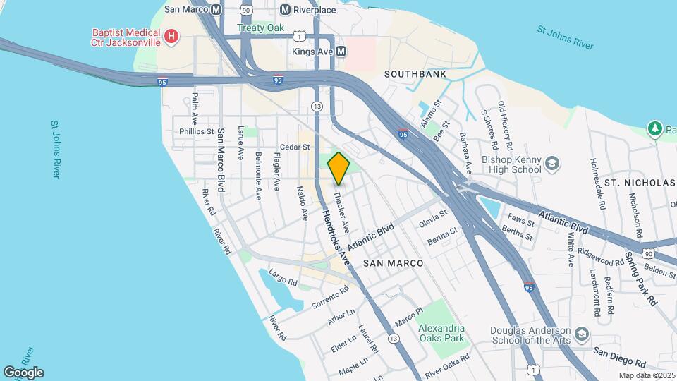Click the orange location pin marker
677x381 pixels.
tap(339, 168)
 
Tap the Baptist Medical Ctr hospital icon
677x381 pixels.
tap(170, 36)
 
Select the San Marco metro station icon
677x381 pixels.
tap(216, 10)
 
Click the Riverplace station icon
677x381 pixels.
tap(285, 10)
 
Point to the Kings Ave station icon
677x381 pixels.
tap(341, 52)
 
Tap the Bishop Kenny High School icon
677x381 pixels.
tap(552, 164)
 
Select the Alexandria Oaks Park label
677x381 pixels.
tap(441, 333)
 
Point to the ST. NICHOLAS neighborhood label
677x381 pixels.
tap(640, 183)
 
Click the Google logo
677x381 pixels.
tap(23, 373)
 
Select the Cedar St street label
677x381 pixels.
tap(295, 147)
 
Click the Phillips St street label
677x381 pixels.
tap(196, 131)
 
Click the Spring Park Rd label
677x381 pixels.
tap(640, 278)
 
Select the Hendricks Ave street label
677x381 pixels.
tap(336, 238)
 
